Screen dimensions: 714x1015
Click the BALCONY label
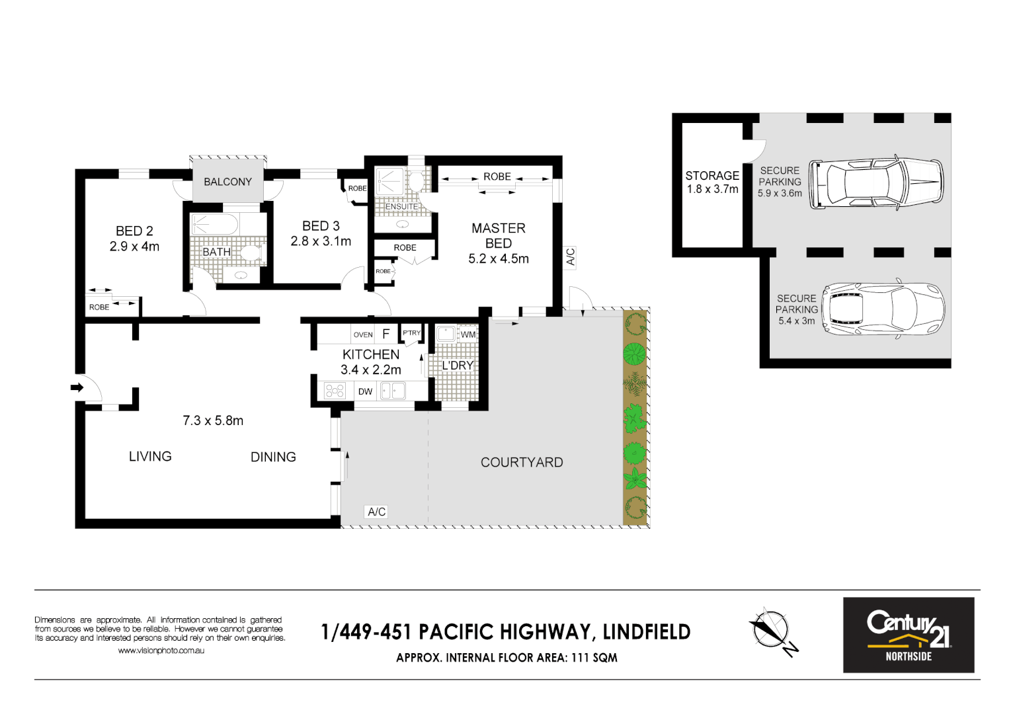[x=227, y=182]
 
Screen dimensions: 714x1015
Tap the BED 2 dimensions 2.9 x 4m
[x=134, y=247]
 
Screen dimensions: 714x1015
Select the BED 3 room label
[x=321, y=226]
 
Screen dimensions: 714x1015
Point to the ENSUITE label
[x=401, y=207]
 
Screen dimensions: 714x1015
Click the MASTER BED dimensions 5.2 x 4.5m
[x=499, y=259]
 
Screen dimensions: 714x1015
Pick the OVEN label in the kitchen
[x=363, y=335]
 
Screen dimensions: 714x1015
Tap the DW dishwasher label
[x=365, y=391]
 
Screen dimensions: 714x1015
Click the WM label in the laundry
[x=468, y=335]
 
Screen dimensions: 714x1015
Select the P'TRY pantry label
[x=411, y=333]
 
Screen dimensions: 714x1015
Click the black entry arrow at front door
[x=77, y=387]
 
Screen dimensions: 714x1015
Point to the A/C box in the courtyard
[x=376, y=512]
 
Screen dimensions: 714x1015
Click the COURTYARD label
[x=522, y=463]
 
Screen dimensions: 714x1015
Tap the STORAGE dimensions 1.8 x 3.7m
[x=712, y=189]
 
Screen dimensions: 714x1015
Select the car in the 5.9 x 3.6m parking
[x=876, y=183]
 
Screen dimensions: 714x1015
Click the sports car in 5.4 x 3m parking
[x=883, y=309]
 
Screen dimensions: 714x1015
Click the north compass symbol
[x=771, y=630]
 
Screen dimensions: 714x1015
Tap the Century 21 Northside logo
[x=908, y=635]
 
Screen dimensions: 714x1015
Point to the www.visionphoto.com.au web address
[x=161, y=651]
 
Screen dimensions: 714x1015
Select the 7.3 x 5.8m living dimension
[x=213, y=421]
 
